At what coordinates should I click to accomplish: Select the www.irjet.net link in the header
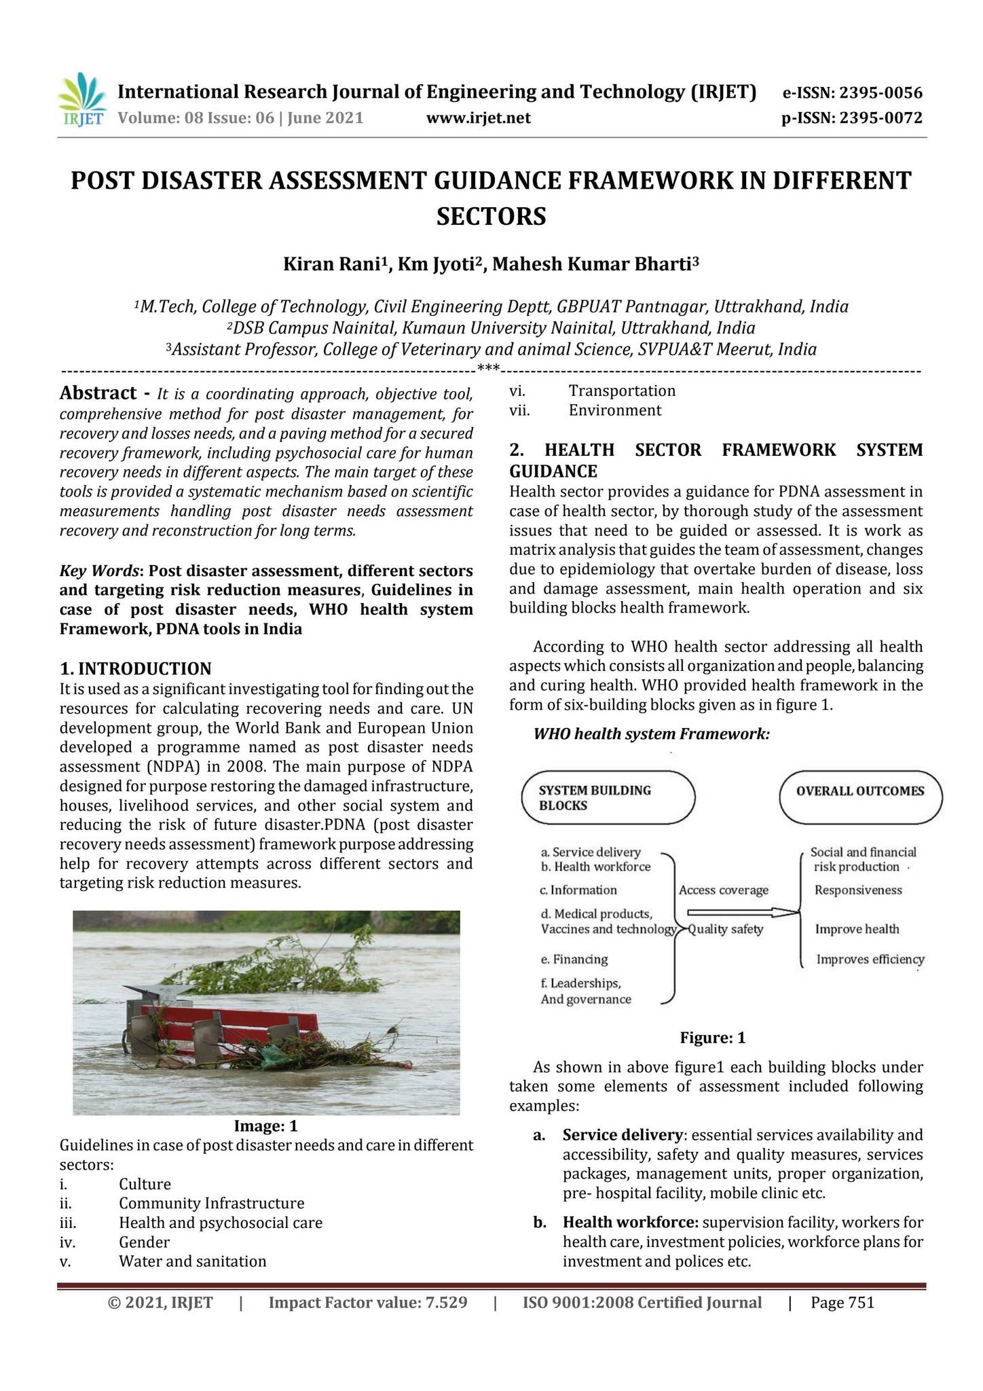click(x=478, y=118)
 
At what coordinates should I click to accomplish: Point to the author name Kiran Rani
click(x=332, y=264)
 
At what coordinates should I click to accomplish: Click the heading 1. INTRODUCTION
click(x=136, y=668)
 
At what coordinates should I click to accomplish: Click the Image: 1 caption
click(x=265, y=1126)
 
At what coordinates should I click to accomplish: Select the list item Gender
click(x=144, y=1242)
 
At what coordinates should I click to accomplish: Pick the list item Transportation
click(x=622, y=391)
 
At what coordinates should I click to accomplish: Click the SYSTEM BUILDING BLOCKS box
click(x=608, y=798)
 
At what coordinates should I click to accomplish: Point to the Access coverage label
click(x=724, y=890)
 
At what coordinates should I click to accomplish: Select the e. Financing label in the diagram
click(x=574, y=959)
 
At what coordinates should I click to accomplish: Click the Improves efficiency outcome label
click(x=870, y=959)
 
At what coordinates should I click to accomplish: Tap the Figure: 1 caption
click(x=712, y=1038)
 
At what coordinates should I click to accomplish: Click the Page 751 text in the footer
click(x=842, y=1303)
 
